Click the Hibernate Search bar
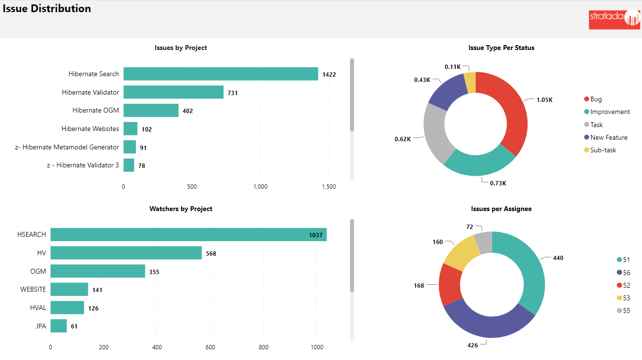[221, 74]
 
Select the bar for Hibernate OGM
[151, 110]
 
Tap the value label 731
[232, 93]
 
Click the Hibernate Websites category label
[90, 129]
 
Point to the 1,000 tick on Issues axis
[260, 187]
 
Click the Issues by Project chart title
[181, 48]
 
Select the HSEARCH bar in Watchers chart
[188, 234]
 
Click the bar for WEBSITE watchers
[69, 289]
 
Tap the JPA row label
[41, 326]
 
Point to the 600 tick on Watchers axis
[210, 347]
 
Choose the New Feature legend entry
[609, 137]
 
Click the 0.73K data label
[498, 183]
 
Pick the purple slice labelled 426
[485, 320]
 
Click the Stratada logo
[614, 19]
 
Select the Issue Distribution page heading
[47, 9]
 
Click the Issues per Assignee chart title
[501, 209]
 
